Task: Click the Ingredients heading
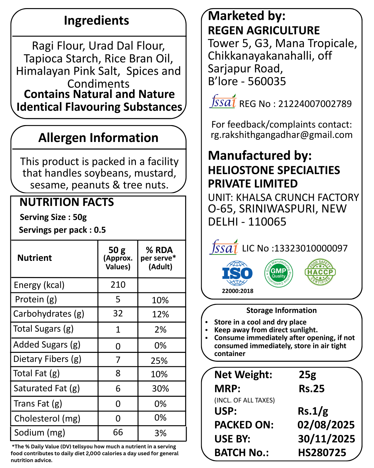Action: pyautogui.click(x=96, y=21)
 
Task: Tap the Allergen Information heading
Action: pyautogui.click(x=98, y=138)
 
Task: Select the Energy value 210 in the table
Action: pyautogui.click(x=118, y=285)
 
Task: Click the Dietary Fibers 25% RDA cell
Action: pyautogui.click(x=159, y=361)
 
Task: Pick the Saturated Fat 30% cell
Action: pyautogui.click(x=160, y=388)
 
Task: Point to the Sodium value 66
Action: pyautogui.click(x=118, y=432)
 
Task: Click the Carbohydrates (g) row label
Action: pyautogui.click(x=49, y=314)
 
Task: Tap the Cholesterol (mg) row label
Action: pyautogui.click(x=47, y=418)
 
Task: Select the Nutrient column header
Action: pyautogui.click(x=35, y=258)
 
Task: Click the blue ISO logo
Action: pyautogui.click(x=237, y=274)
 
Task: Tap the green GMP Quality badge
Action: pyautogui.click(x=278, y=273)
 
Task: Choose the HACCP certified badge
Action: pyautogui.click(x=320, y=272)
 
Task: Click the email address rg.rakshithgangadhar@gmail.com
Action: pyautogui.click(x=282, y=135)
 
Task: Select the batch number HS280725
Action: pyautogui.click(x=322, y=452)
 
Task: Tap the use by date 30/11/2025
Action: pyautogui.click(x=326, y=439)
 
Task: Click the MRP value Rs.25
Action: pyautogui.click(x=312, y=389)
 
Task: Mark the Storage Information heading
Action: pyautogui.click(x=281, y=310)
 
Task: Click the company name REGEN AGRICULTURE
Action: pyautogui.click(x=264, y=31)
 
